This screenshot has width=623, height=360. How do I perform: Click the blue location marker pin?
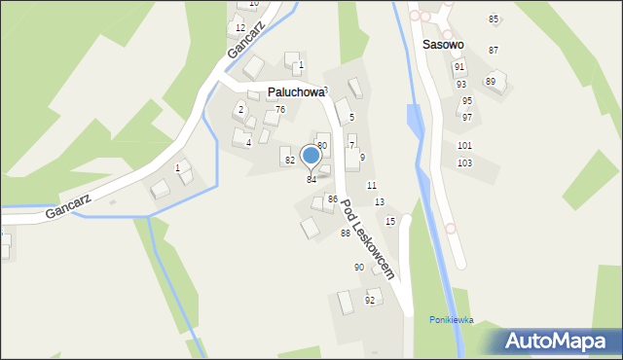click(x=311, y=156)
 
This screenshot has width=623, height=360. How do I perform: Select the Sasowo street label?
click(x=443, y=45)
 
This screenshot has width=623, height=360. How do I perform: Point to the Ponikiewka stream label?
click(x=452, y=319)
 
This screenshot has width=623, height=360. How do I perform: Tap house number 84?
click(x=311, y=179)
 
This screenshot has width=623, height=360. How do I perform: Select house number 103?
click(x=464, y=162)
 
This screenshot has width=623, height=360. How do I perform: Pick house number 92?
click(x=370, y=300)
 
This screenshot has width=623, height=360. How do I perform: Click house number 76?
click(x=280, y=109)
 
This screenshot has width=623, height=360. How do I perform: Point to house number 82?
click(x=289, y=159)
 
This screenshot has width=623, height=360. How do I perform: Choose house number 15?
click(x=390, y=221)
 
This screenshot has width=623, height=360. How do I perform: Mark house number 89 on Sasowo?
click(x=491, y=81)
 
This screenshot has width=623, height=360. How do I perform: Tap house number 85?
click(x=494, y=19)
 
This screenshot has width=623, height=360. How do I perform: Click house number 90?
click(x=359, y=267)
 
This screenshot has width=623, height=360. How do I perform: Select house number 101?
click(x=464, y=145)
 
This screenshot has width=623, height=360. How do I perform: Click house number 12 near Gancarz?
click(x=240, y=27)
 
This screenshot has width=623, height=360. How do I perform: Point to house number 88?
click(x=346, y=233)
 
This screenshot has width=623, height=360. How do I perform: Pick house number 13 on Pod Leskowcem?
click(x=380, y=201)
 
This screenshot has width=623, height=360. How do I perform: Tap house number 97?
click(x=467, y=117)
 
